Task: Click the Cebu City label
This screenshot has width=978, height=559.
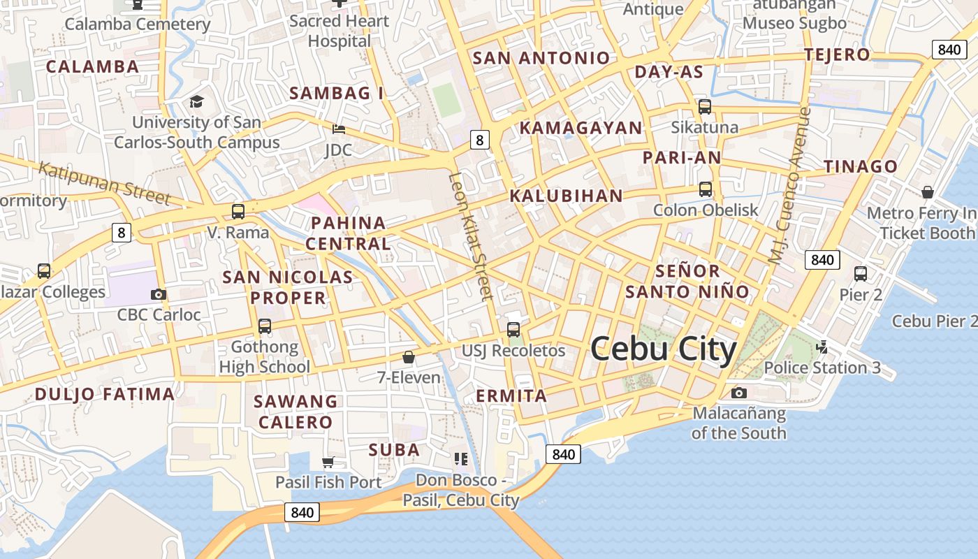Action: tap(664, 349)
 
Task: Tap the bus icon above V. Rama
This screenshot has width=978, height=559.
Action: tap(238, 211)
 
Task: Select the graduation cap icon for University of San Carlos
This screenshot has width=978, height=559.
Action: tap(196, 102)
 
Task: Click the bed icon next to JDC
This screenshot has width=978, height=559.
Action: tap(338, 129)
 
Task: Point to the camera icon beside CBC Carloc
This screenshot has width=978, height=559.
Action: tap(159, 294)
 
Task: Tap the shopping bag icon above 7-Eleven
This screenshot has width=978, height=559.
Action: tap(409, 357)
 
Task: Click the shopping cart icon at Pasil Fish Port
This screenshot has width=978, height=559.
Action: tap(328, 462)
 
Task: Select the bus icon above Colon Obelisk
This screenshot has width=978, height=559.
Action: tap(706, 189)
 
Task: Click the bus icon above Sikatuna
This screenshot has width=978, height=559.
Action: tap(705, 107)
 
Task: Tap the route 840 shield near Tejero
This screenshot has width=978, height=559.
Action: tap(949, 49)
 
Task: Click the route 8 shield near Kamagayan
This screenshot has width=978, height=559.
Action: tap(479, 140)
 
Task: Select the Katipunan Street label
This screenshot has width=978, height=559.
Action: tap(105, 182)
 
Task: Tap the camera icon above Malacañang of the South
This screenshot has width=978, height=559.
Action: tap(738, 393)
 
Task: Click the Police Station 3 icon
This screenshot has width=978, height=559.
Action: tap(822, 347)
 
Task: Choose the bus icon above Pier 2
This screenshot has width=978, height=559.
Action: tap(861, 274)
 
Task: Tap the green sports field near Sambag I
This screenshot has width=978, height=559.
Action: tap(446, 100)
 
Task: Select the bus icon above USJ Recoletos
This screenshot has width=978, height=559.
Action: tap(513, 329)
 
